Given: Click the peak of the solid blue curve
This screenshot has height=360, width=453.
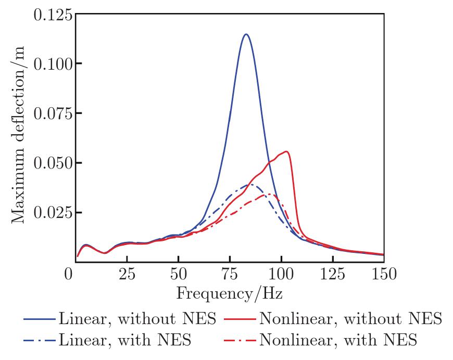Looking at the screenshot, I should (245, 34).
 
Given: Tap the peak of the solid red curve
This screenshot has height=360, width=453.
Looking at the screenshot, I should (286, 151).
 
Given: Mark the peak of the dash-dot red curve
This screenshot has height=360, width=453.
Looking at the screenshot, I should (271, 195).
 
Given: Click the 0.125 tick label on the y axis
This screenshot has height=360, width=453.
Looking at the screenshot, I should (52, 15).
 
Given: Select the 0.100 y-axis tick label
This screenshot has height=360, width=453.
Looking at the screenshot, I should (52, 64).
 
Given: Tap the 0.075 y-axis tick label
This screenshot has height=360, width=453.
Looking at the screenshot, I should (52, 113).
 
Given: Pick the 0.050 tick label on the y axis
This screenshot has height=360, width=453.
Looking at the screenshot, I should (52, 163).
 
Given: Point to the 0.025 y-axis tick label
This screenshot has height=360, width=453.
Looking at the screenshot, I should (52, 212).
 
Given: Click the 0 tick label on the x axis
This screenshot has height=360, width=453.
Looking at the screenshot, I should (69, 274).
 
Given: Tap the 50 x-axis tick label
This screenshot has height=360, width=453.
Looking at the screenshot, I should (178, 274).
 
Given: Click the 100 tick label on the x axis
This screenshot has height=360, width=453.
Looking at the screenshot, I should (281, 274).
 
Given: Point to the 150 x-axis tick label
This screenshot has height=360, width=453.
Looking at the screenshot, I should (384, 274).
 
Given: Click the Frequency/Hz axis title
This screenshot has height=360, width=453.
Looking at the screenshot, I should (230, 294).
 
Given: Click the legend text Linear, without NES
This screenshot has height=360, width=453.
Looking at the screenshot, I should (137, 318).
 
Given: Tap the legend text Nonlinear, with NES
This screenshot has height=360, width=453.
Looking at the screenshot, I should (338, 341).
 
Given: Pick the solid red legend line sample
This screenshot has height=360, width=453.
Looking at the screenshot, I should (240, 318).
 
